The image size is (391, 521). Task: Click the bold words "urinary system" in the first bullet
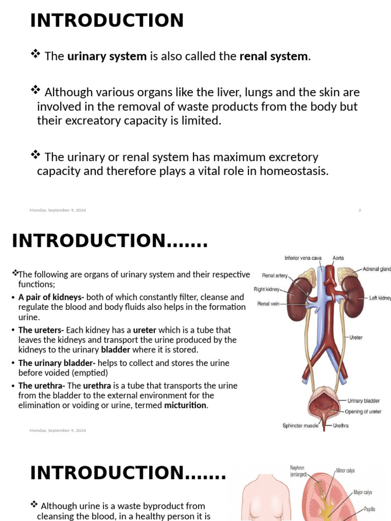pyautogui.click(x=107, y=56)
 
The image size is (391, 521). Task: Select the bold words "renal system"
pyautogui.click(x=274, y=56)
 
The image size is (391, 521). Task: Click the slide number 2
pyautogui.click(x=359, y=210)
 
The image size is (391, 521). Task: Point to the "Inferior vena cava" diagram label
pyautogui.click(x=303, y=258)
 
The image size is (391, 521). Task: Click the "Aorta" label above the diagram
pyautogui.click(x=338, y=258)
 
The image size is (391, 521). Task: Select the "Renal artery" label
pyautogui.click(x=275, y=276)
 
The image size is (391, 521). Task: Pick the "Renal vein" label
pyautogui.click(x=269, y=304)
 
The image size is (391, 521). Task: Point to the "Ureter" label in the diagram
pyautogui.click(x=356, y=337)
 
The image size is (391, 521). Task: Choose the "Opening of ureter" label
pyautogui.click(x=363, y=412)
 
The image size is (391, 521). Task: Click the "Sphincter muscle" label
pyautogui.click(x=300, y=426)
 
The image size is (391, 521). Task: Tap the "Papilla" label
pyautogui.click(x=369, y=509)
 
